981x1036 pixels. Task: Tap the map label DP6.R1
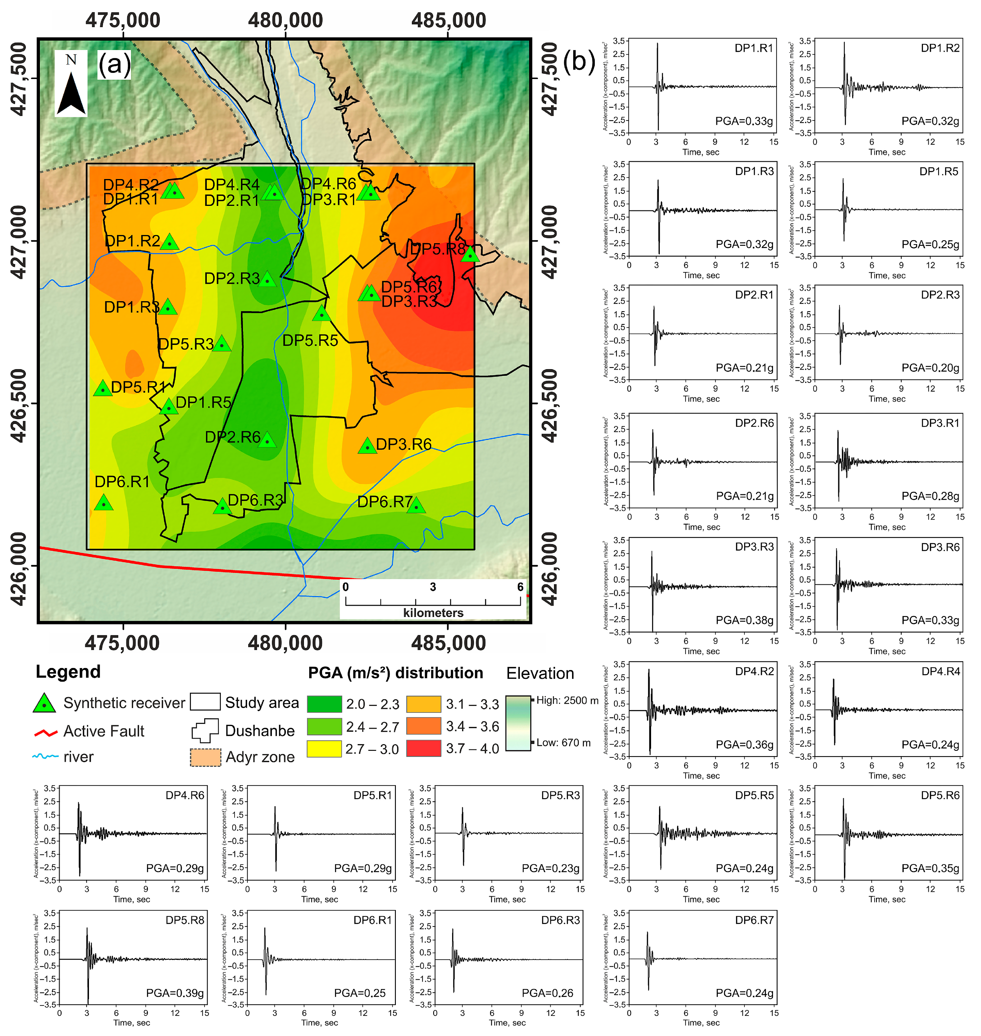(x=122, y=481)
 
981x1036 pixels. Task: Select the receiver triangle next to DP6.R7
(x=416, y=505)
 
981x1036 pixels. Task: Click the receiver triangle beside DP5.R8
(x=470, y=254)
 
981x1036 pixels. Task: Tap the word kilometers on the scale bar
(x=433, y=613)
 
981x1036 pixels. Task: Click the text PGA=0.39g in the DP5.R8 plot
(x=175, y=993)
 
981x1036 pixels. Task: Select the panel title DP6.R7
(x=753, y=920)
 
